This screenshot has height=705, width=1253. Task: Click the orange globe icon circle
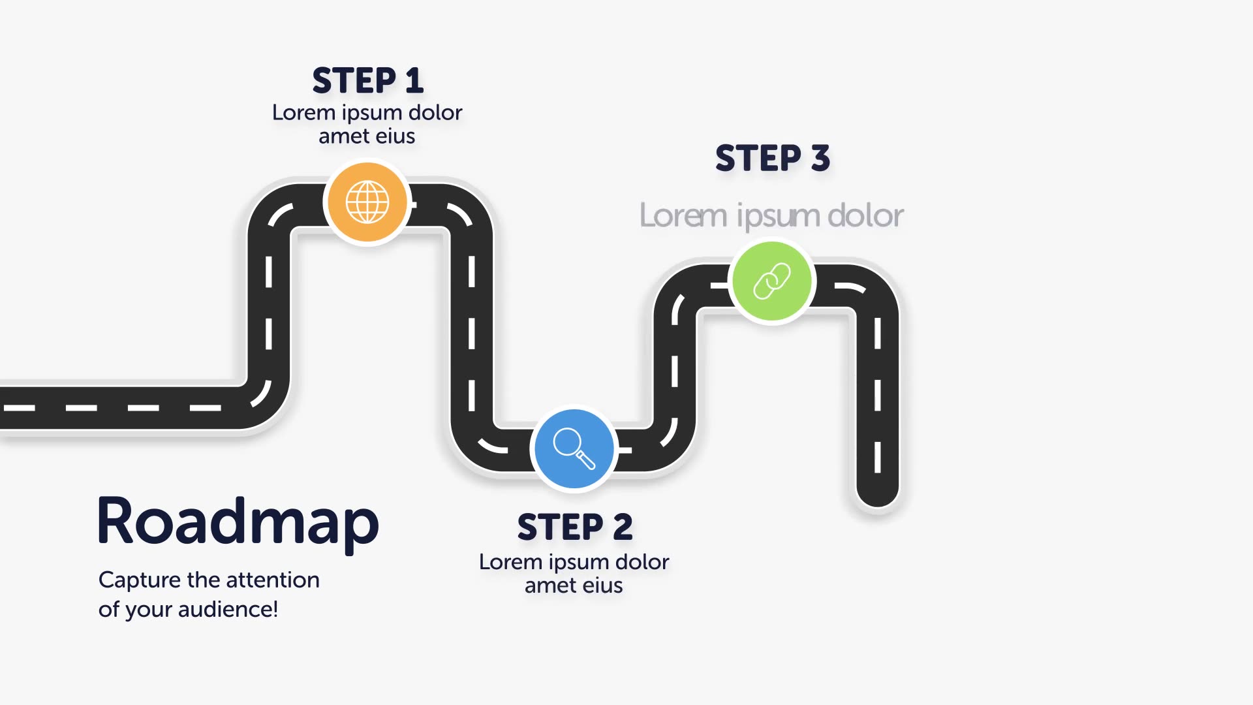click(x=367, y=202)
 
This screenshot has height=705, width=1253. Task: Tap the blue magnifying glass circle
click(x=574, y=448)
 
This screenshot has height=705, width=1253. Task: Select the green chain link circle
click(x=772, y=281)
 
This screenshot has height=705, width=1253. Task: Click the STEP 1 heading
click(x=368, y=81)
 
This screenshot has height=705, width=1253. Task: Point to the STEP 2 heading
click(x=575, y=527)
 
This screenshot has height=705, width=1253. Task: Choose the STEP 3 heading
click(x=773, y=158)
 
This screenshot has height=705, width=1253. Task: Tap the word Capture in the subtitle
click(x=140, y=580)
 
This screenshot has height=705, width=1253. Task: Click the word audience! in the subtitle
click(x=228, y=609)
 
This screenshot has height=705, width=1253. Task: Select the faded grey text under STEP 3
click(x=771, y=215)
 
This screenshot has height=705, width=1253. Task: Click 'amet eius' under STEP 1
click(x=367, y=136)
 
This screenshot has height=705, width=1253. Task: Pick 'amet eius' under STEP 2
click(x=574, y=586)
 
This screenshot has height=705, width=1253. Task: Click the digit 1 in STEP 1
click(x=414, y=81)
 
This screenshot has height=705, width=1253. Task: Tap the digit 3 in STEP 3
click(x=821, y=158)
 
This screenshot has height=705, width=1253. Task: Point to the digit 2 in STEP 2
click(x=623, y=527)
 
